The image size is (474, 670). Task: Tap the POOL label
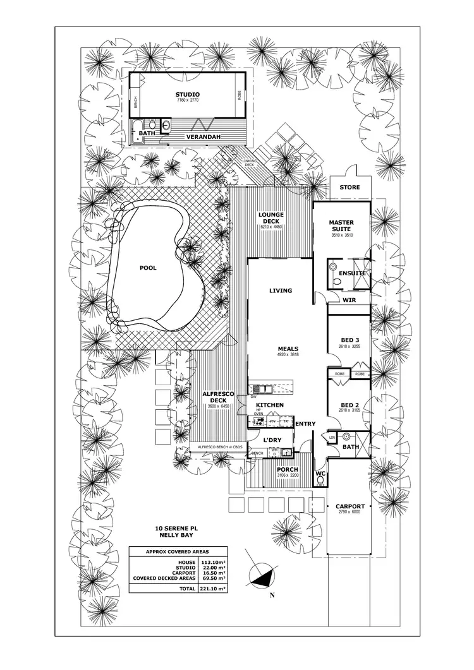coord(148,267)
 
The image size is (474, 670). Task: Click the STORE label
coord(349,188)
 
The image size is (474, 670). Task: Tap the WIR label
coord(350,300)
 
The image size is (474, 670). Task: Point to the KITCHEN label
coord(270,405)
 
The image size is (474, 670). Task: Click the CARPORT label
coord(350,506)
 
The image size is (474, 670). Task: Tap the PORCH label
coord(288,470)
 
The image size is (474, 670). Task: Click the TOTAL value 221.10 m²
coord(214,587)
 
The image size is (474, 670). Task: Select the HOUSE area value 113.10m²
coord(214,561)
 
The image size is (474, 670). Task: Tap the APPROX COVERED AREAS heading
coord(178,551)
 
